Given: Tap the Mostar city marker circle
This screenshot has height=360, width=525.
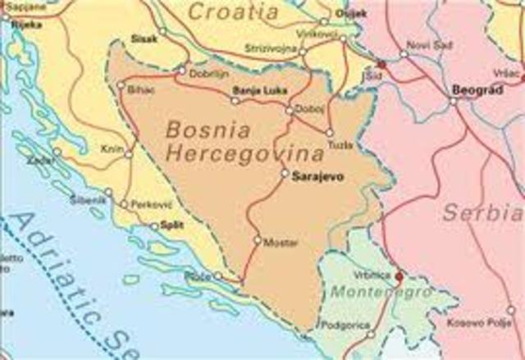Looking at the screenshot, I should (258, 241).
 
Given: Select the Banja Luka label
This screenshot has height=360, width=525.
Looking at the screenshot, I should (259, 90).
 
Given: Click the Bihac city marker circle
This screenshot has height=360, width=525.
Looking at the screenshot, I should (122, 84).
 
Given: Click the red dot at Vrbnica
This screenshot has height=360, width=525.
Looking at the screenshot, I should (399, 276).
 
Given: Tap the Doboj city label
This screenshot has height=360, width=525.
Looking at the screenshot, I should (309, 109).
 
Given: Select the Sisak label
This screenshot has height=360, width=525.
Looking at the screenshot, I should (144, 39).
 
